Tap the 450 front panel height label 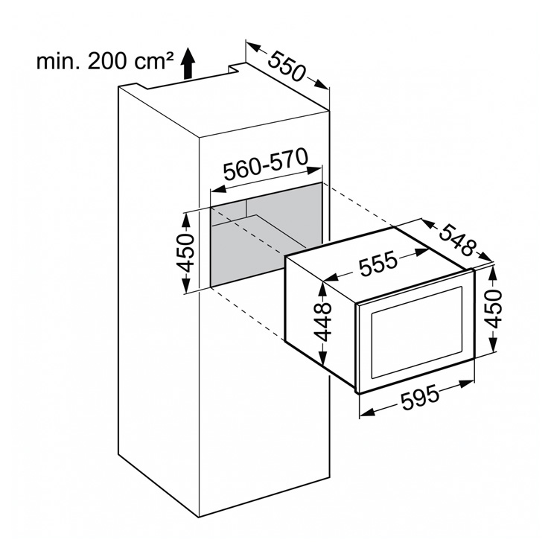(x=494, y=311)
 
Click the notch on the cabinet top (x=235, y=70)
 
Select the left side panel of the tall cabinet (x=156, y=298)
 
